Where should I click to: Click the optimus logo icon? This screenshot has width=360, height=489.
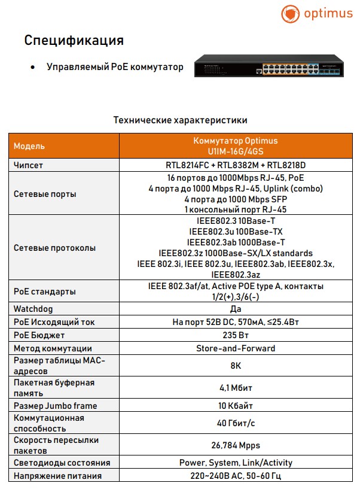click(291, 14)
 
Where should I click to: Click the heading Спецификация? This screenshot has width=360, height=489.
click(74, 41)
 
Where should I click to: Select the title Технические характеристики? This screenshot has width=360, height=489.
click(180, 120)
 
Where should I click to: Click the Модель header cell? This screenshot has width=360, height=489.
click(29, 146)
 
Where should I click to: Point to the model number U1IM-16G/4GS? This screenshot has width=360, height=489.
click(235, 152)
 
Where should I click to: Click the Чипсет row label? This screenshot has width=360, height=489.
click(28, 165)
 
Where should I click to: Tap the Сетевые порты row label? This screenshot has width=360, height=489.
click(45, 194)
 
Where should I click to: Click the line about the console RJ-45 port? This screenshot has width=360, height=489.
click(235, 209)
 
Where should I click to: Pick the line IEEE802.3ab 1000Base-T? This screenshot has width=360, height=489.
click(235, 242)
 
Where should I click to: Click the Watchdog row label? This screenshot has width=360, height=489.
click(33, 309)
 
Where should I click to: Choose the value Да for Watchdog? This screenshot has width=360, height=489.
click(235, 309)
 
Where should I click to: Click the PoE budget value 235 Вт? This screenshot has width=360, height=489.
click(235, 335)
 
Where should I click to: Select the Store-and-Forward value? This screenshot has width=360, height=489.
click(235, 348)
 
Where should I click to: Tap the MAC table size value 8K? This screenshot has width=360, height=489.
click(235, 366)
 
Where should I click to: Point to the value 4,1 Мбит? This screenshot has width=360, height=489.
click(235, 388)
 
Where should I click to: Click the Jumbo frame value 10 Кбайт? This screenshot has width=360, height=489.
click(235, 406)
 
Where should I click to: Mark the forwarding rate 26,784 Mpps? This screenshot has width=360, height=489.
click(235, 445)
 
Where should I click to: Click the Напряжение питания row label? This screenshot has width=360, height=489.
click(57, 476)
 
